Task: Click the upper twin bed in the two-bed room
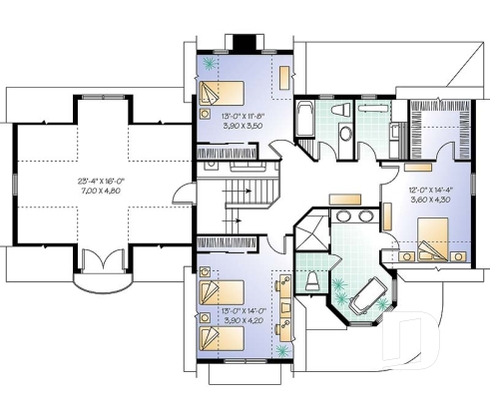click(x=221, y=292)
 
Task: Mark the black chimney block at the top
click(x=244, y=42)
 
